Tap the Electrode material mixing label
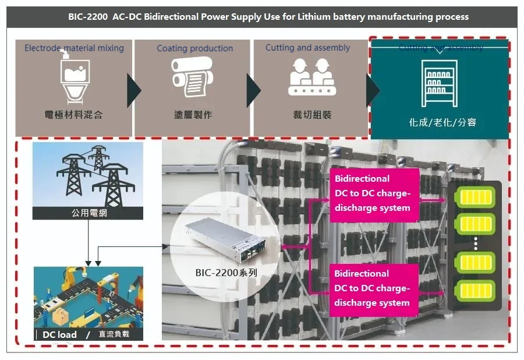point(74,48)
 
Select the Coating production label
point(194,48)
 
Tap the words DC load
point(60,334)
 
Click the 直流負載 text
point(114,334)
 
